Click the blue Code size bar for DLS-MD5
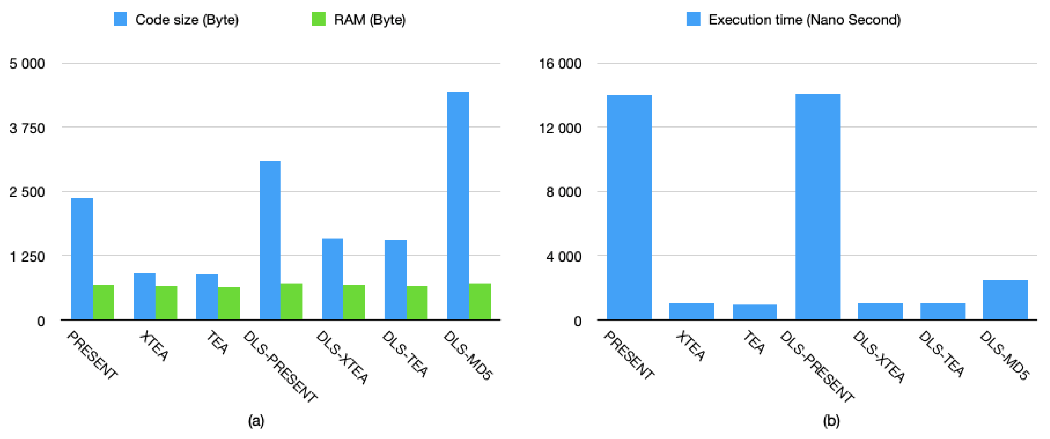pyautogui.click(x=458, y=206)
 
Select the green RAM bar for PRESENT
pyautogui.click(x=104, y=302)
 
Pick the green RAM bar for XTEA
pyautogui.click(x=166, y=303)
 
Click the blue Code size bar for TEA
pyautogui.click(x=207, y=297)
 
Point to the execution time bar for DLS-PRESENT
pyautogui.click(x=818, y=207)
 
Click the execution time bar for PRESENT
pyautogui.click(x=629, y=207)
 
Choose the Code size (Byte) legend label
pyautogui.click(x=187, y=19)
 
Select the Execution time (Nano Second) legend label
pyautogui.click(x=804, y=19)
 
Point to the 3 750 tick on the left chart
pyautogui.click(x=27, y=128)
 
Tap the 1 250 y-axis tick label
pyautogui.click(x=27, y=257)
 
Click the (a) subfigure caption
pyautogui.click(x=256, y=420)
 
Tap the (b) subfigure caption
pyautogui.click(x=831, y=420)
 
